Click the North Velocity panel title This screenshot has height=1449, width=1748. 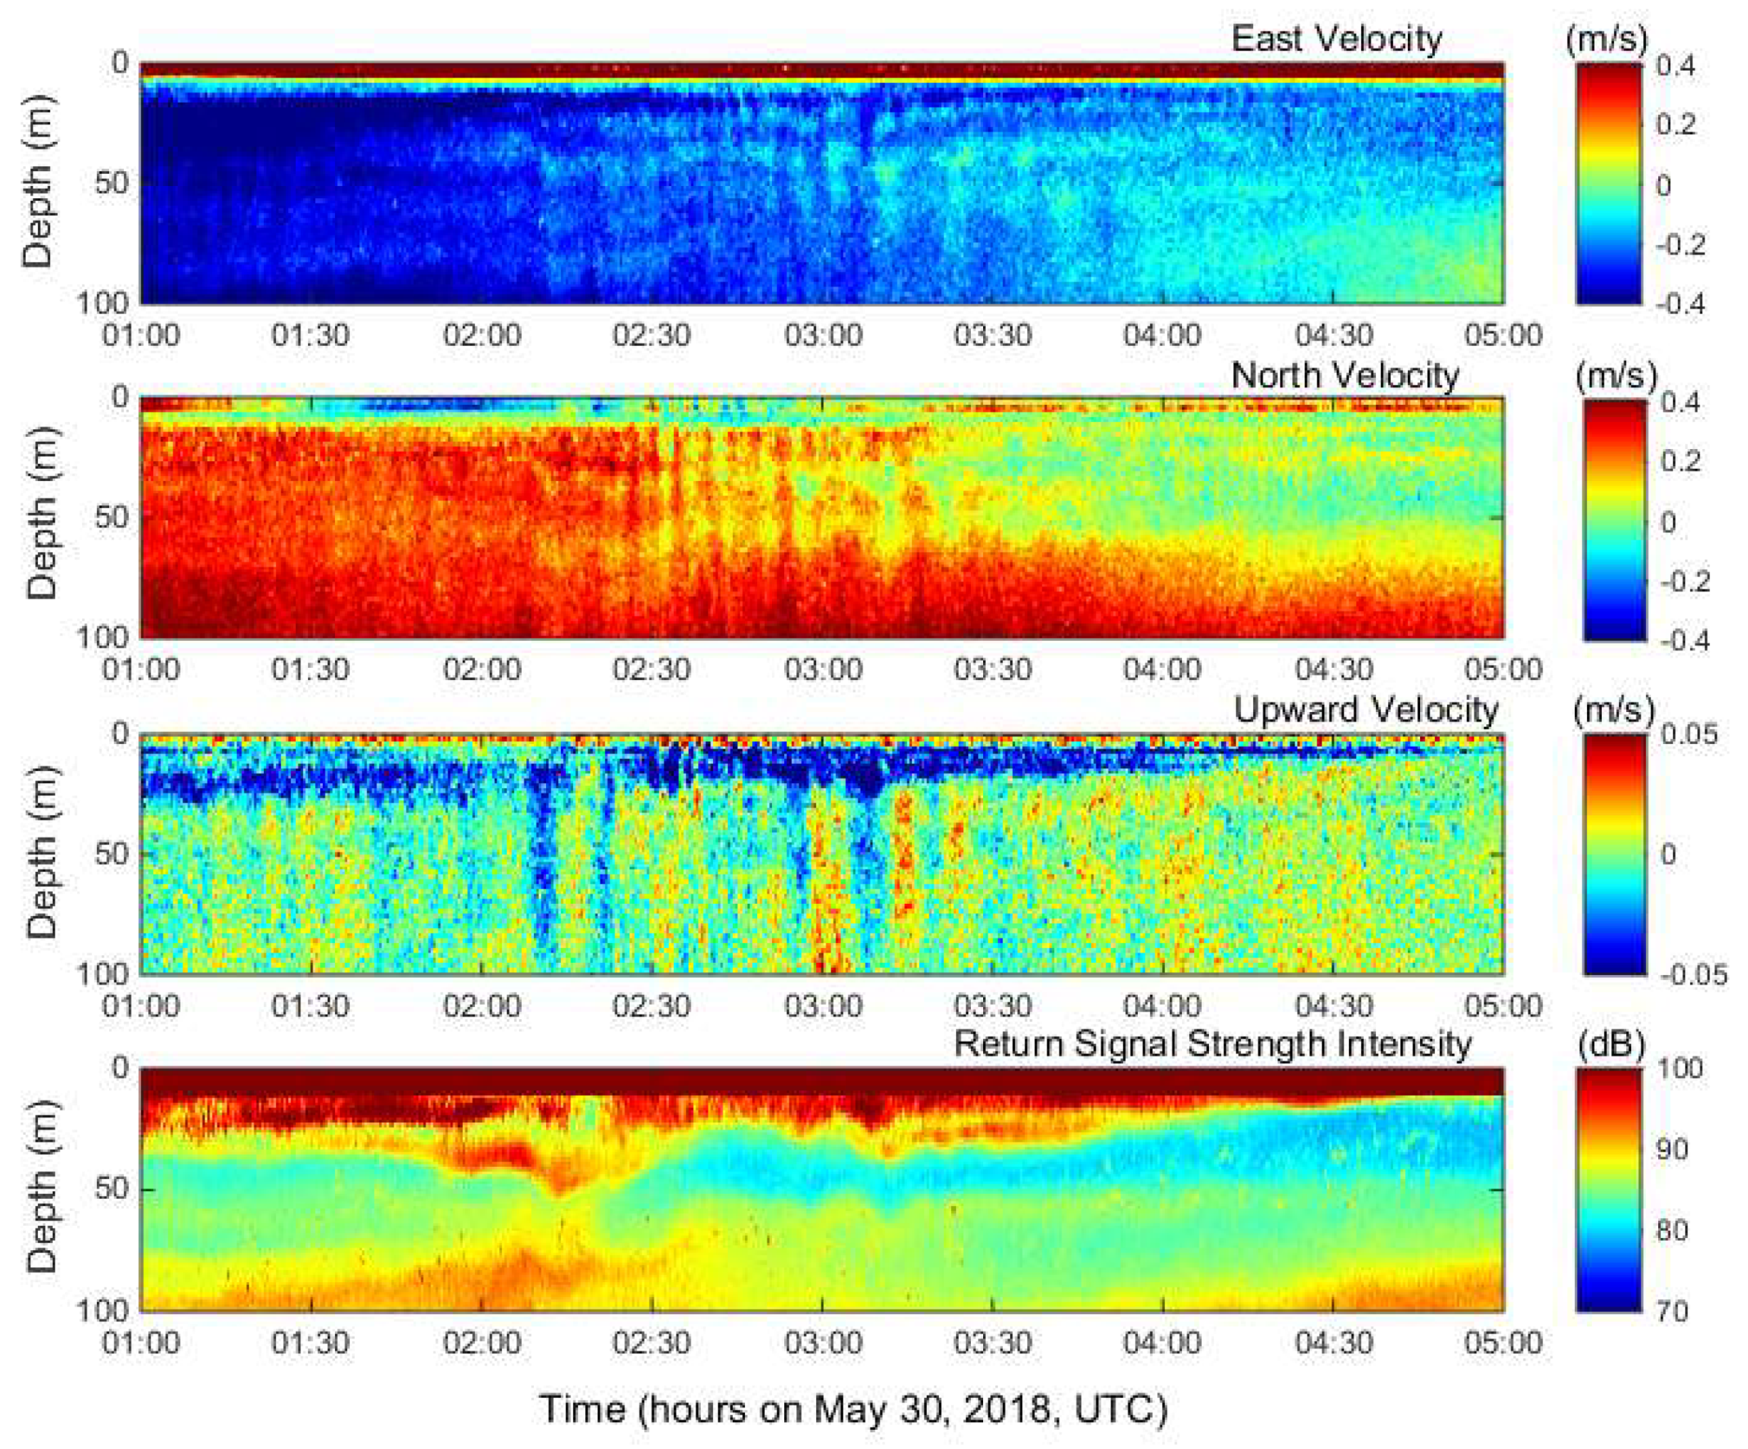(x=1345, y=376)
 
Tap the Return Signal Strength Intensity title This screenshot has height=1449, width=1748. (x=1212, y=1043)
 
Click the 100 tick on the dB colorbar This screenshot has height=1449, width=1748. (x=1679, y=1068)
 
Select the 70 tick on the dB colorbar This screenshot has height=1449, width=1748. (x=1672, y=1312)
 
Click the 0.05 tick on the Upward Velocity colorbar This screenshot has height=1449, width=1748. (x=1689, y=735)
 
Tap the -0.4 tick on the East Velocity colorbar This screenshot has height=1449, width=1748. (x=1679, y=304)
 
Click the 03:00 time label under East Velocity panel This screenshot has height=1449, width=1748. (x=823, y=336)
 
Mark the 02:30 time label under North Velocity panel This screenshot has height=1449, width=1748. (x=651, y=670)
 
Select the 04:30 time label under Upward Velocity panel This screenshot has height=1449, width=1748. (x=1334, y=1006)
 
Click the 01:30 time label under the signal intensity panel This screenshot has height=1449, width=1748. (x=311, y=1343)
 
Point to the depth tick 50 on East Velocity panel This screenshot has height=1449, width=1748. (x=110, y=183)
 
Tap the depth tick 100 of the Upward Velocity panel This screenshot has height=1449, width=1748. (x=103, y=974)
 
